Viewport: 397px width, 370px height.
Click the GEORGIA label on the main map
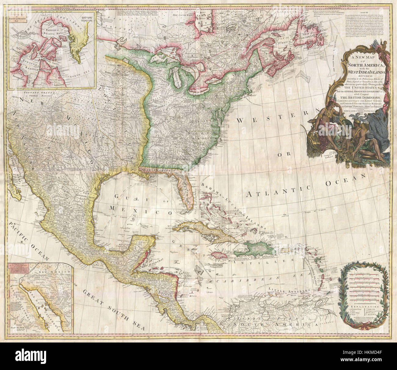pyautogui.click(x=182, y=159)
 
